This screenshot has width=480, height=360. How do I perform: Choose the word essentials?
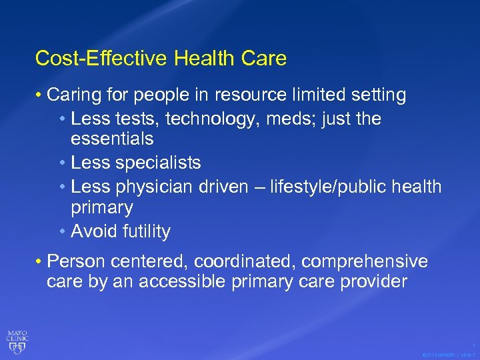coord(112,139)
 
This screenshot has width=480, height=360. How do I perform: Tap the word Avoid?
coord(93,231)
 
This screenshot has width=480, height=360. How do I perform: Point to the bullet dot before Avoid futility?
coord(63,232)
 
